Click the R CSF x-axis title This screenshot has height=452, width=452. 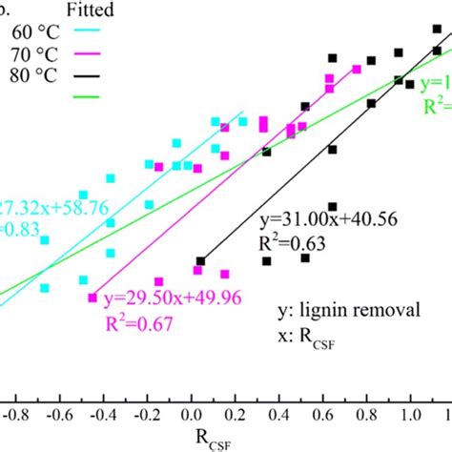(216, 440)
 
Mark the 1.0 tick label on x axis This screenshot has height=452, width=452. (411, 416)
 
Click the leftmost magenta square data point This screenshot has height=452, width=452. (92, 298)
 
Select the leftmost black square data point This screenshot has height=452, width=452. (200, 260)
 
